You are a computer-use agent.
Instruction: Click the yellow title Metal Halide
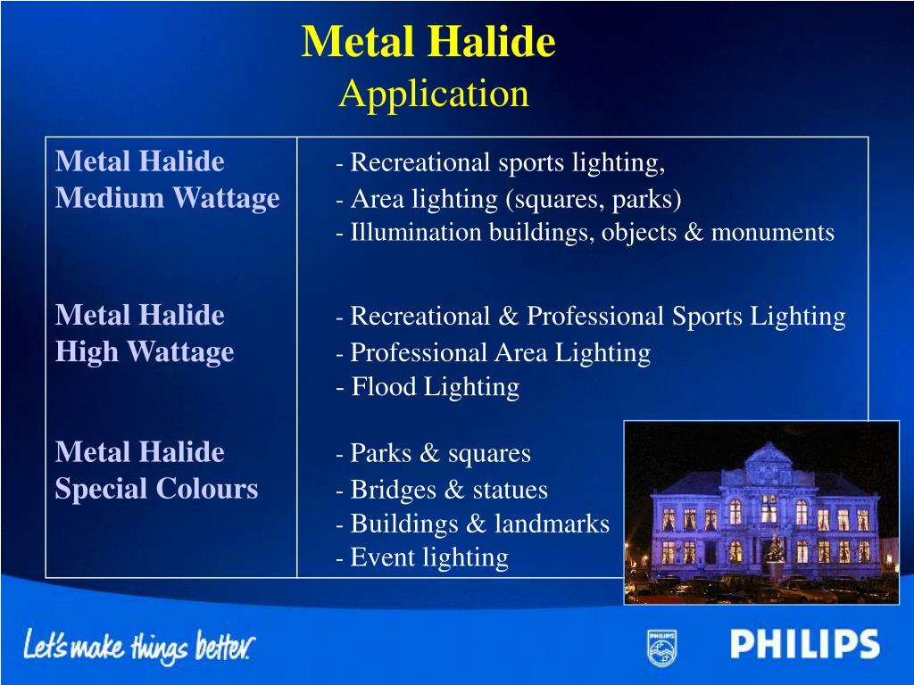[428, 42]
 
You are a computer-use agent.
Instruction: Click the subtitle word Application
[434, 93]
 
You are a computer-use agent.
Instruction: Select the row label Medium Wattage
[167, 198]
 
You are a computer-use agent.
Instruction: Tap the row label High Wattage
[145, 352]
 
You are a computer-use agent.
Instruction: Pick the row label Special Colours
[156, 489]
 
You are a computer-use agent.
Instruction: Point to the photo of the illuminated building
[760, 512]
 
